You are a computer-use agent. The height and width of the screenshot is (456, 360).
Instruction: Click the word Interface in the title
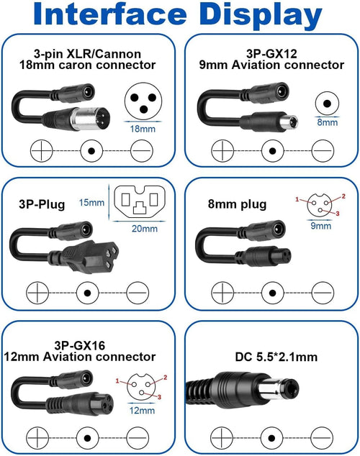(110, 14)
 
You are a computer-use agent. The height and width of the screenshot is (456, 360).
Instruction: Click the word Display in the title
(261, 16)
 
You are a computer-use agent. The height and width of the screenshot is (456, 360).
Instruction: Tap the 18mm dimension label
(143, 129)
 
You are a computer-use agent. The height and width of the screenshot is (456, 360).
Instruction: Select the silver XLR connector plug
(91, 116)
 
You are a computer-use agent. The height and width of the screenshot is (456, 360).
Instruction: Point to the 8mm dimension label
(328, 122)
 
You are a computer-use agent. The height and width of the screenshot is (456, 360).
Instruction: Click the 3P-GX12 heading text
(271, 54)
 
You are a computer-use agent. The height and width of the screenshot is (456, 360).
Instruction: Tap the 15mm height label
(91, 202)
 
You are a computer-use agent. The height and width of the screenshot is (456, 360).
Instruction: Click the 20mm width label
(145, 229)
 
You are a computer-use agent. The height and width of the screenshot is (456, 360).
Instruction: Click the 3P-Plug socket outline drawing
(140, 201)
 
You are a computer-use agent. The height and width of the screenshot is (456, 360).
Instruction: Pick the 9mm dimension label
(320, 226)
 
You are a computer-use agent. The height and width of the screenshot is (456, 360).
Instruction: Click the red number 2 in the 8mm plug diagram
(343, 196)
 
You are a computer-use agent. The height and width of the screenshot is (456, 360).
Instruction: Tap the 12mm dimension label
(142, 411)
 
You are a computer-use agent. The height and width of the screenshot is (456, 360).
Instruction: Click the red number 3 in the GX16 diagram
(160, 397)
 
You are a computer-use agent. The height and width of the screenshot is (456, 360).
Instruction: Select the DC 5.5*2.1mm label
(276, 357)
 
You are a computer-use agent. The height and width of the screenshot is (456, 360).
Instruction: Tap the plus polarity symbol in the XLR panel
(41, 151)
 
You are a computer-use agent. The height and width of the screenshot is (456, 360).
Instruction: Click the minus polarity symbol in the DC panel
(322, 438)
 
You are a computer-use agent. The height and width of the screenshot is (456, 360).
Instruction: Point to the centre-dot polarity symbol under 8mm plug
(272, 293)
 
